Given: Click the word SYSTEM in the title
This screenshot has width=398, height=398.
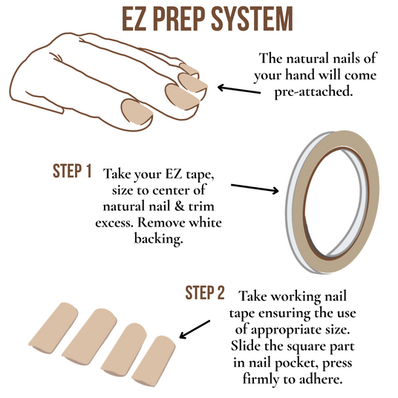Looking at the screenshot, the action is (252, 19).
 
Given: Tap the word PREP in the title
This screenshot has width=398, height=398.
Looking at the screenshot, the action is (178, 19).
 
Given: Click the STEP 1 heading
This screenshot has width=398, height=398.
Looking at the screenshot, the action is (72, 171).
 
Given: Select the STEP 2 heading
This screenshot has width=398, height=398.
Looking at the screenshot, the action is (205, 293).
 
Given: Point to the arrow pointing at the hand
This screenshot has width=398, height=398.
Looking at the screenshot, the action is (239, 89).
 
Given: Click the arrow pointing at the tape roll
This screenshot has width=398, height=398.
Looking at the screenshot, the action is (255, 189).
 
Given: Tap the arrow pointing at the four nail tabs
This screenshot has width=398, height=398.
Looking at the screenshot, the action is (195, 329).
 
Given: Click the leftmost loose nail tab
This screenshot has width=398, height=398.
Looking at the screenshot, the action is (53, 328).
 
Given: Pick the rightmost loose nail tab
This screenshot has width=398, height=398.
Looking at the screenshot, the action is (154, 361).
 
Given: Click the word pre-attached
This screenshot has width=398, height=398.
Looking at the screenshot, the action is (314, 91).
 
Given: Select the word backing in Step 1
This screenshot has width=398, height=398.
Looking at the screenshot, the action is (158, 239).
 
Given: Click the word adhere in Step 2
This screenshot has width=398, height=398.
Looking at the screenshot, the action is (319, 379).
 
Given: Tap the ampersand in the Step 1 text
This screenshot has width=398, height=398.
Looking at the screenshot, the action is (180, 206).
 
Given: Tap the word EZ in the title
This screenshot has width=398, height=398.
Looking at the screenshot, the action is (134, 19).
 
